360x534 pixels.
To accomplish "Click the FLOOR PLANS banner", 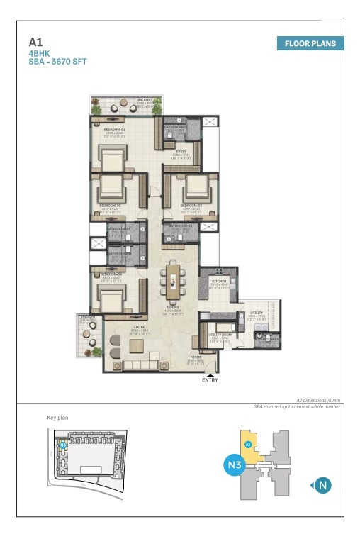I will click(310, 43).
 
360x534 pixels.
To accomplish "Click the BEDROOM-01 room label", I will click(114, 130).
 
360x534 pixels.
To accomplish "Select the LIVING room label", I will click(139, 327).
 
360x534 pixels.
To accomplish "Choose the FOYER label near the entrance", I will click(195, 357).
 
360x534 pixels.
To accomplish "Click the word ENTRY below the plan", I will click(210, 380).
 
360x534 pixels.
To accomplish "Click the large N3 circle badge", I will click(235, 465).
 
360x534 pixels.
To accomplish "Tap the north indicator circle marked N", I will click(323, 486).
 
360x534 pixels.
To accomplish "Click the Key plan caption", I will click(58, 418).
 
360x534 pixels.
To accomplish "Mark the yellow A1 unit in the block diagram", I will click(249, 445).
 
